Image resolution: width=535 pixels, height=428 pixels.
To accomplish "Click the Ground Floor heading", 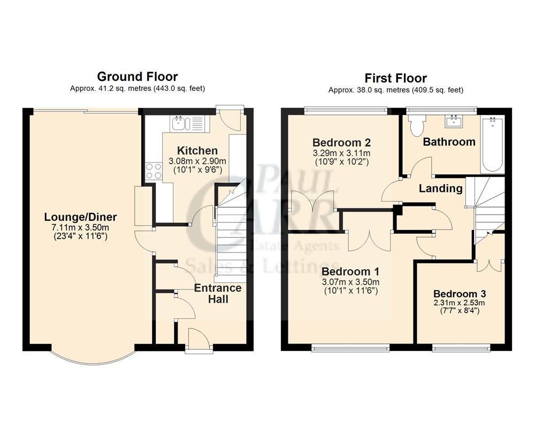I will pos(137,77).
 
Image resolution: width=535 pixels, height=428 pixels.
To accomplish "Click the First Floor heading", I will pos(396,78).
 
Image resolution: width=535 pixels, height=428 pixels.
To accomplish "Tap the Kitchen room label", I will pos(197,151).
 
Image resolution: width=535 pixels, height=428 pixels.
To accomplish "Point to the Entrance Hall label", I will pos(217,293).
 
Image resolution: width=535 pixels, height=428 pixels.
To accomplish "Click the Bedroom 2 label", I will pos(341,143).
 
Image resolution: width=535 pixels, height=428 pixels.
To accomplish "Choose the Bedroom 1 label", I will pos(351,272).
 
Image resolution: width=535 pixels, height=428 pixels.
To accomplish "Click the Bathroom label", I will pos(449,142).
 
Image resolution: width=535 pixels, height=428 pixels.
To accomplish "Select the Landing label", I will pos(440,188).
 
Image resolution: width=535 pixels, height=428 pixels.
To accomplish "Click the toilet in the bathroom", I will pos(416,124).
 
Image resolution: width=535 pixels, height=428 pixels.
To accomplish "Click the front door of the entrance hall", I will pos(195,340).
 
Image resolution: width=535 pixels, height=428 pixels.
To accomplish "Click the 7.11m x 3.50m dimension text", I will pos(80,227).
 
